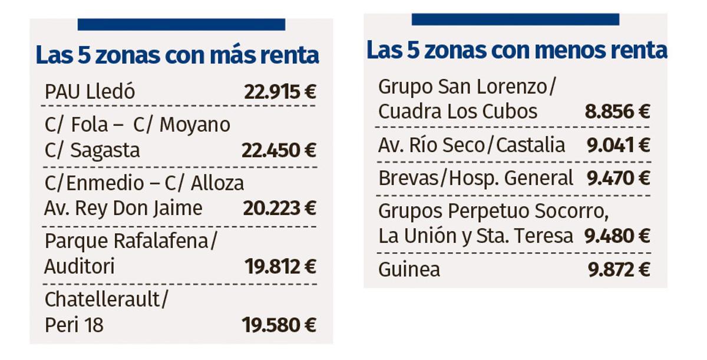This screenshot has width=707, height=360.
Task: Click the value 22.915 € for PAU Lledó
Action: [x=280, y=92]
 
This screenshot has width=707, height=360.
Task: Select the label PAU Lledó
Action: [x=90, y=92]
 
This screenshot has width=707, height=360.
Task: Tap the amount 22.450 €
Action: [x=279, y=150]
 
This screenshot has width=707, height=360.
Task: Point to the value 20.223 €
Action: [x=279, y=208]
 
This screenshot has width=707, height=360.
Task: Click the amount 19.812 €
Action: [x=280, y=267]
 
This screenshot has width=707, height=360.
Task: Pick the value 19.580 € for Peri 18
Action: [x=279, y=325]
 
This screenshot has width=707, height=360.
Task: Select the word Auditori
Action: [x=80, y=267]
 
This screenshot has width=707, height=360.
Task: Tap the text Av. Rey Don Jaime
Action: [x=123, y=208]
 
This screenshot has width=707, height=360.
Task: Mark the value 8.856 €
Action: [x=617, y=111]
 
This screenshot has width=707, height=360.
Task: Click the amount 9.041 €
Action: [x=618, y=145]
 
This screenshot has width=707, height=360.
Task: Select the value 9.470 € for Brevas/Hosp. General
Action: [x=618, y=178]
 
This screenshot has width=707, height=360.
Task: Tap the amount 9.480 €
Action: [x=617, y=236]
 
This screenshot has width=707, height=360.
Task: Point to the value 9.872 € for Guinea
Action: [x=619, y=269]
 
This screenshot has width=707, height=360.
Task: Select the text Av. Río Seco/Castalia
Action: [x=471, y=145]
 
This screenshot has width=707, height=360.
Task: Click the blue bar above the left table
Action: [x=181, y=24]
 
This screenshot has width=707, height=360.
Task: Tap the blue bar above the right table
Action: [x=515, y=19]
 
